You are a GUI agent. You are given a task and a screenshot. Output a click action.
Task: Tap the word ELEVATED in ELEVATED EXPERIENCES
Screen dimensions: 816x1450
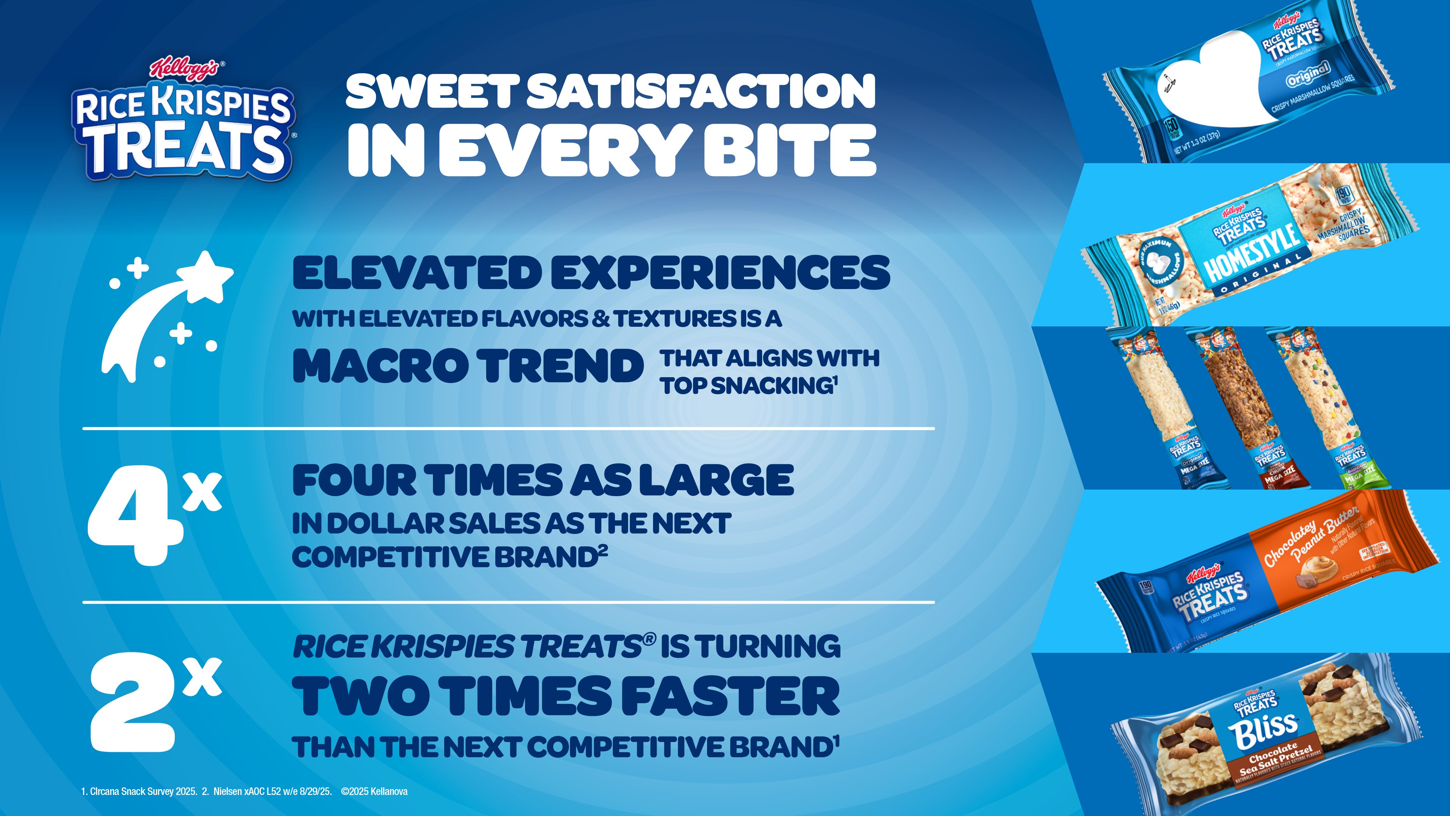point(417,273)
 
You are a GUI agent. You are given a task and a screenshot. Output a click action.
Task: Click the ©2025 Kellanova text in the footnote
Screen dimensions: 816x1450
point(374,791)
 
